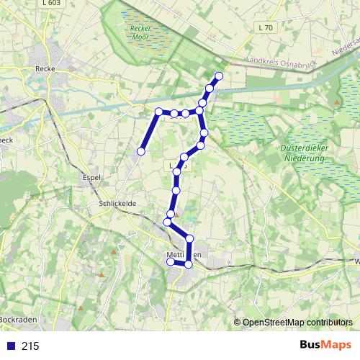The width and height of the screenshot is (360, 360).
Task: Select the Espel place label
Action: click(x=91, y=176)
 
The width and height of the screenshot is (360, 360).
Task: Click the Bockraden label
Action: click(x=17, y=318)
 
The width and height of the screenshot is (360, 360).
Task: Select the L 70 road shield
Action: click(x=265, y=27)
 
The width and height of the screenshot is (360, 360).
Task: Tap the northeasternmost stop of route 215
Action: click(x=219, y=76)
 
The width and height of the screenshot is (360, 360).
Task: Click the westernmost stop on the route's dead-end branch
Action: click(x=142, y=151)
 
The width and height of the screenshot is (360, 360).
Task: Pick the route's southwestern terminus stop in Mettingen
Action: click(x=171, y=263)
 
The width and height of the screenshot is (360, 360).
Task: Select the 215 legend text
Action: click(x=30, y=346)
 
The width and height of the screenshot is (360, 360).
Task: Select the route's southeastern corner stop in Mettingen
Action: click(x=189, y=264)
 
